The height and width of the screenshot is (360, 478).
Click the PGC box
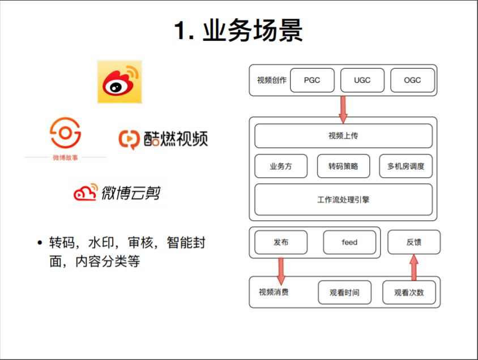coord(312,80)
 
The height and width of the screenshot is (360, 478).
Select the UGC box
coord(362,80)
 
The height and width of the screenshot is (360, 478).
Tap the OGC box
coord(412,80)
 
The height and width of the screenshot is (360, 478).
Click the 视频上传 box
coord(343,136)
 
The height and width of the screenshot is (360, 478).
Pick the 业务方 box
coord(281,166)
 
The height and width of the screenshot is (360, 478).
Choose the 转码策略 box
coord(343,166)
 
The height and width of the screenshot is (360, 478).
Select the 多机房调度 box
coord(406,166)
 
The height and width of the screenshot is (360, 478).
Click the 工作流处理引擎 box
coord(343,199)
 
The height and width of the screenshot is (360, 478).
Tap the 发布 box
coord(281,242)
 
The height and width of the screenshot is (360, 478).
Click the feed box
coord(349,242)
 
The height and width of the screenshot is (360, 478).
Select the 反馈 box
coord(413,242)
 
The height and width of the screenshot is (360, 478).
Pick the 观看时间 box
coord(344,293)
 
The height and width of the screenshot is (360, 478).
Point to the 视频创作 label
coord(272,80)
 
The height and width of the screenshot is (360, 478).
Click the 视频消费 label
coord(274,292)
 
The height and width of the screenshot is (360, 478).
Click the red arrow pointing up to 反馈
coord(414,267)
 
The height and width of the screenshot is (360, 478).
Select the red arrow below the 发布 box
coord(281,271)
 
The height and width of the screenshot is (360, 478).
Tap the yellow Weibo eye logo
coord(119,82)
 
